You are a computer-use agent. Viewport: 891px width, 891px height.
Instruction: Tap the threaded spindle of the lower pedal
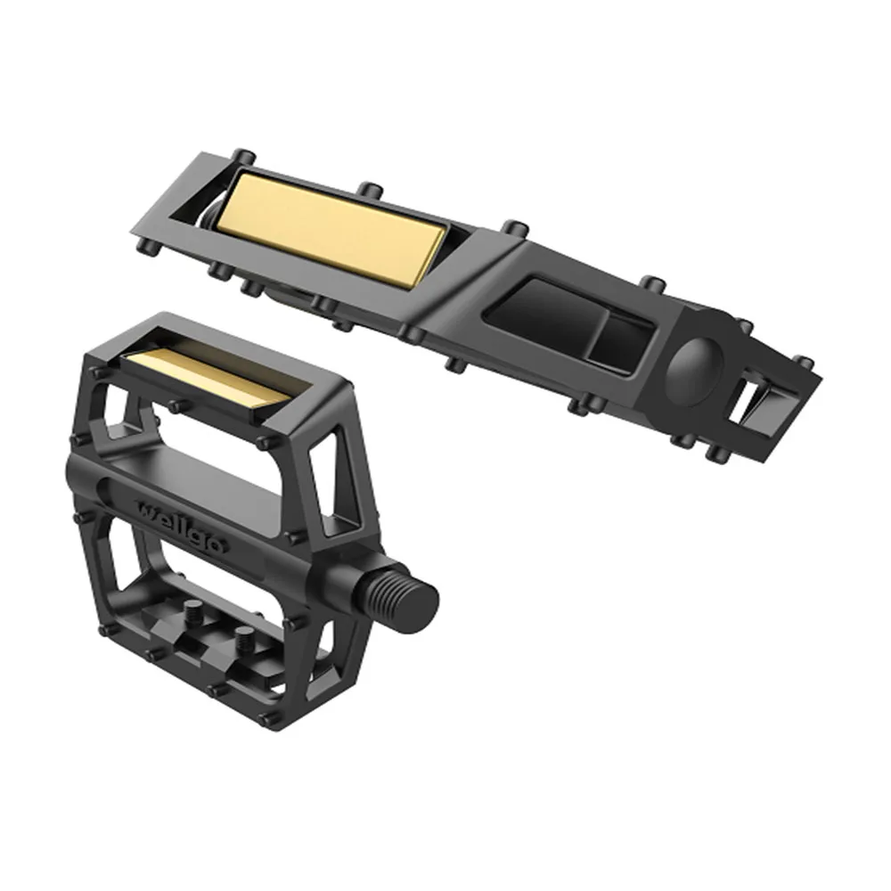[x=393, y=595]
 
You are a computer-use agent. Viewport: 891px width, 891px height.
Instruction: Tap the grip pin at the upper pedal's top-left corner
[x=239, y=154]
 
